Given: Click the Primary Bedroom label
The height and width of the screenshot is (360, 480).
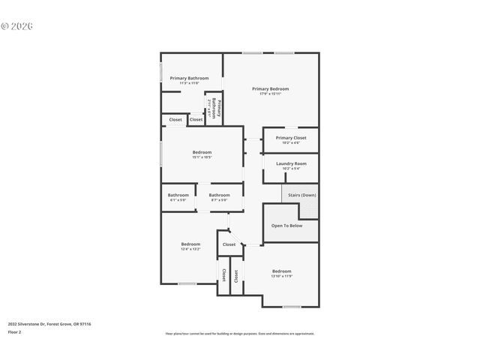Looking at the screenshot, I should click(x=270, y=88).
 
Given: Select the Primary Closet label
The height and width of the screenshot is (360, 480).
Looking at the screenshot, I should click(x=291, y=138).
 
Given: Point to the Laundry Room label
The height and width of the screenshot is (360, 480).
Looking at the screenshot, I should click(x=291, y=163).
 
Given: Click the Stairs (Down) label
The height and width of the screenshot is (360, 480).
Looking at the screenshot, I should click(x=301, y=195).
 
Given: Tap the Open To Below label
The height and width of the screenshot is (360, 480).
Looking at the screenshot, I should click(x=286, y=225).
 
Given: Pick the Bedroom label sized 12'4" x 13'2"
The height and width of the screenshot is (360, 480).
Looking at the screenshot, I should click(x=190, y=244).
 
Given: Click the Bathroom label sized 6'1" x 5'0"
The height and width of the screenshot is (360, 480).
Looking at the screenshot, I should click(x=178, y=196).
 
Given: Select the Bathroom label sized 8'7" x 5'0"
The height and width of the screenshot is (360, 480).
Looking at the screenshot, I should click(x=219, y=196).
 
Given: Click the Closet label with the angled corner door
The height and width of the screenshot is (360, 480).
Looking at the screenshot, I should click(x=229, y=244).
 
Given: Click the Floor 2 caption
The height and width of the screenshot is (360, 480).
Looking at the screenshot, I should click(x=15, y=331).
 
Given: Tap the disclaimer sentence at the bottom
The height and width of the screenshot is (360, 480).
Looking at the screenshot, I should click(x=239, y=334).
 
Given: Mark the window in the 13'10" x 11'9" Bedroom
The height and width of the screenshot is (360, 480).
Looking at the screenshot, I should click(x=292, y=307).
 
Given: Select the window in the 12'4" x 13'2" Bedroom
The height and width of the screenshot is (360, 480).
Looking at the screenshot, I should click(x=187, y=283).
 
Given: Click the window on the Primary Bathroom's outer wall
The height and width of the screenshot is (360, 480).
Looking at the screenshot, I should click(x=161, y=72).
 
